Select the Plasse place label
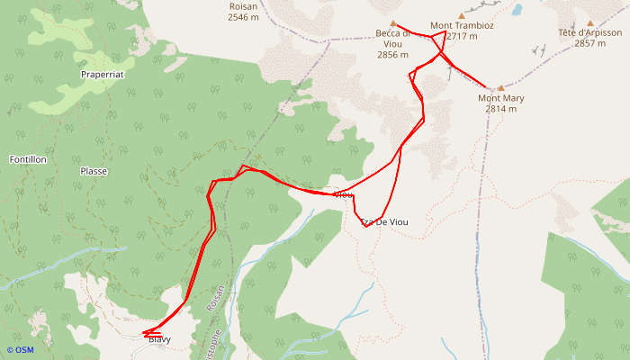[94, 171]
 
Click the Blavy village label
[159, 340]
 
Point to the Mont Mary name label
[500, 98]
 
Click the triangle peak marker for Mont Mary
[501, 88]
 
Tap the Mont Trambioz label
[462, 26]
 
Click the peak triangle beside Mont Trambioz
[462, 15]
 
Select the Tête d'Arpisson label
[590, 33]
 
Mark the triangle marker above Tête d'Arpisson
[590, 23]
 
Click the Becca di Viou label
[393, 34]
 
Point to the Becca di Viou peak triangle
[393, 23]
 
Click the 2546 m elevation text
[243, 17]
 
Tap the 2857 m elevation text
[590, 43]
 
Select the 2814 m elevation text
[500, 109]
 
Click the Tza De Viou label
[385, 221]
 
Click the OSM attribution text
[20, 350]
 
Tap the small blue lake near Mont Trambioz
[517, 11]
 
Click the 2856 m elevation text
[393, 54]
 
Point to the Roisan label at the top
[243, 6]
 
